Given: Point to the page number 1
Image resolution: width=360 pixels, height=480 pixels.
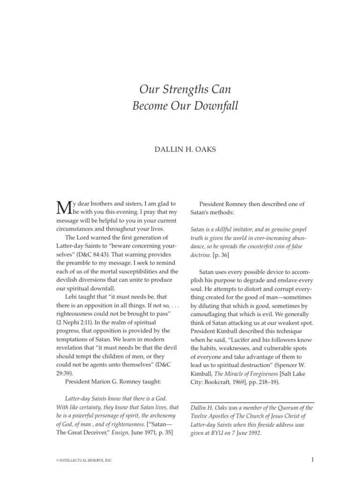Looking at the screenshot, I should (x=312, y=460).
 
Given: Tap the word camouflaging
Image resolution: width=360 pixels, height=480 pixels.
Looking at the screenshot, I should (x=212, y=314).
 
